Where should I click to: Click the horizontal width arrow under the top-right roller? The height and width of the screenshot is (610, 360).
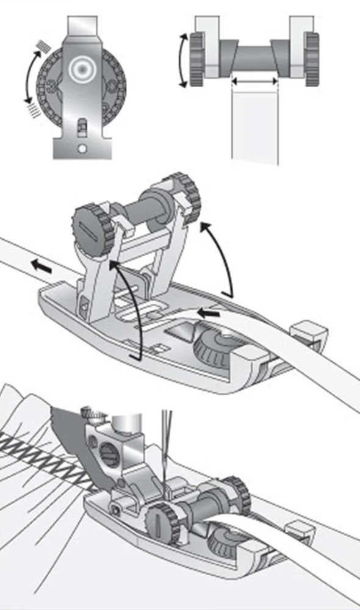tap(254, 81)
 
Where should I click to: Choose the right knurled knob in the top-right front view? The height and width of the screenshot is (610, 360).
tap(312, 59)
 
